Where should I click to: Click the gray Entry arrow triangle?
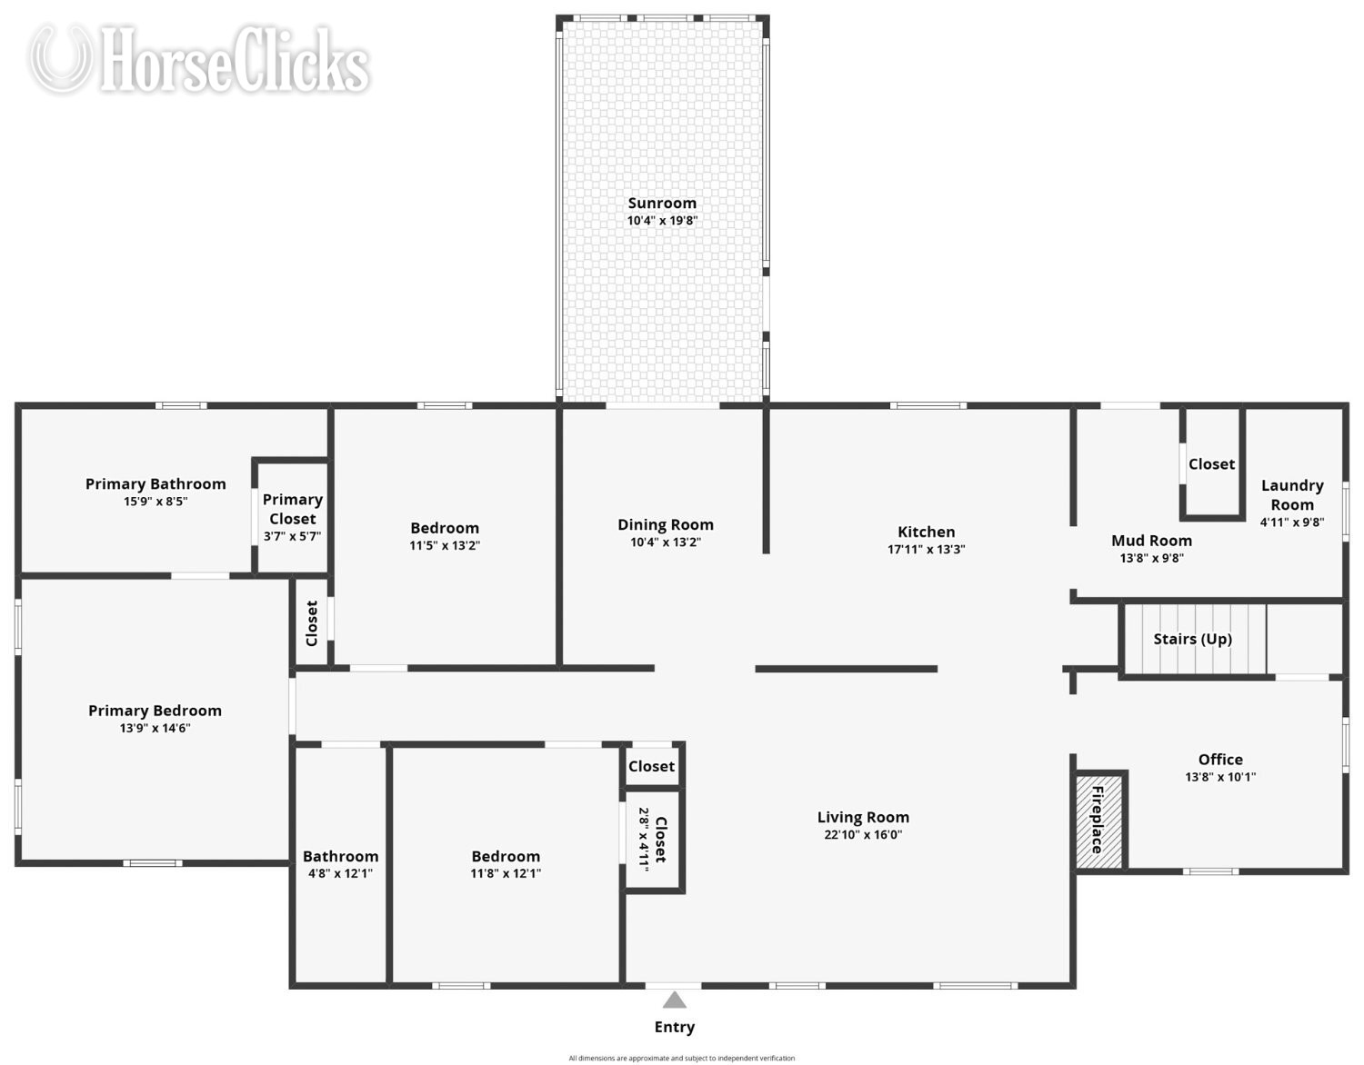[x=674, y=1000]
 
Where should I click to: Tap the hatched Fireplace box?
[x=1099, y=821]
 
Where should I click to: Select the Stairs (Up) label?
[x=1192, y=639]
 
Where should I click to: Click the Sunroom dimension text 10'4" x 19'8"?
[x=662, y=220]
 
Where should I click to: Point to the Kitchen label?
[x=926, y=532]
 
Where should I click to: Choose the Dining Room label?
[x=666, y=524]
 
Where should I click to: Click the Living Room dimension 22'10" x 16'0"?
[x=863, y=834]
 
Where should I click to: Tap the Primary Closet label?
[x=293, y=509]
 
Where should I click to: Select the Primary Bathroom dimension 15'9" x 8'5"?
[x=155, y=501]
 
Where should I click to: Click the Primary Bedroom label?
[x=155, y=711]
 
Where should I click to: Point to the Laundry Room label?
[x=1292, y=495]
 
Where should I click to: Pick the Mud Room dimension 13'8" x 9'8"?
[x=1151, y=558]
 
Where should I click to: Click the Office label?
[x=1220, y=760]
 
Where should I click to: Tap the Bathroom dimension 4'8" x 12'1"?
[x=340, y=873]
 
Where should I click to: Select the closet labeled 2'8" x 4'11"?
[x=653, y=841]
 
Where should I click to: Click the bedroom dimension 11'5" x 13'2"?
[x=445, y=545]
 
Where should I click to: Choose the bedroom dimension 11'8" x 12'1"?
[x=506, y=873]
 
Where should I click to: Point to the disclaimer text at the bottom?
[x=682, y=1058]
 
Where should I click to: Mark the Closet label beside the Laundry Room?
[x=1211, y=464]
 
